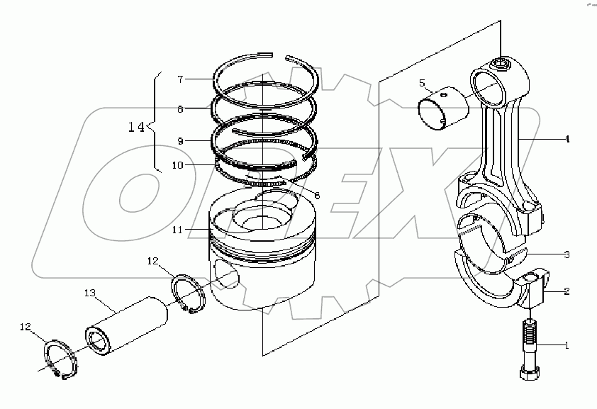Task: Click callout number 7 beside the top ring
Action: [181, 78]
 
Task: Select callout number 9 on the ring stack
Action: [181, 141]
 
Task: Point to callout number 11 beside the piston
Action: [177, 230]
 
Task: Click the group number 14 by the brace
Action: [136, 127]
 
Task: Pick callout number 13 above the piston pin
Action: [90, 293]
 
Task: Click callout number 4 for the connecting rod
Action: [567, 140]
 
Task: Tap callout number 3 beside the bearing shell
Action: [567, 254]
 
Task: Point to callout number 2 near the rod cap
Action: [567, 291]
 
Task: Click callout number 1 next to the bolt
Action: [567, 346]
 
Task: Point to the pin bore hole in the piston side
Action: [225, 273]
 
